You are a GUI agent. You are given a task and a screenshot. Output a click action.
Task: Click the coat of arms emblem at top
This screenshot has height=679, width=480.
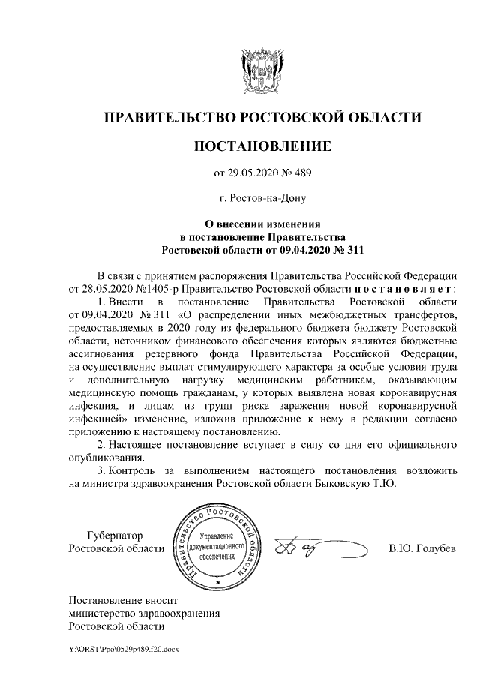click(x=262, y=71)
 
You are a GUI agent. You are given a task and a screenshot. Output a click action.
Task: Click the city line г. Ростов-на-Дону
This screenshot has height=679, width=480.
click(x=262, y=199)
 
